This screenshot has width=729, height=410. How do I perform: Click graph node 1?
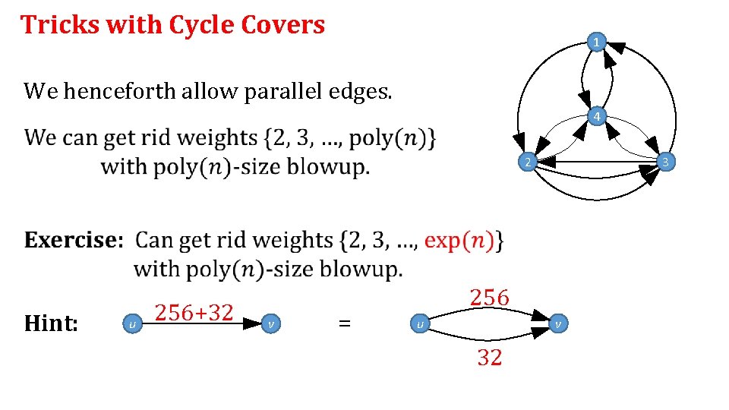(598, 43)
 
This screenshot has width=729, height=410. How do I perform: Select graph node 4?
(598, 117)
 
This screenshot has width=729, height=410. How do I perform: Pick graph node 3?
(664, 162)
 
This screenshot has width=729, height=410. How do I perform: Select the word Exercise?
(73, 241)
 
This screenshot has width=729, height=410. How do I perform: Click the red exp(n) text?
(462, 241)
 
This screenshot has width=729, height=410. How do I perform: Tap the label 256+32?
(194, 312)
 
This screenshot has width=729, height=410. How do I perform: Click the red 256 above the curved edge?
(489, 298)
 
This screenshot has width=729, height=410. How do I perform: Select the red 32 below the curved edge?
(489, 357)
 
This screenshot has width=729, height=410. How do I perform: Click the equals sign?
(344, 323)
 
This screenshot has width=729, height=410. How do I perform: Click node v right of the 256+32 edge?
(272, 324)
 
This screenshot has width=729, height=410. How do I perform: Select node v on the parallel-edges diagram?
(557, 324)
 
